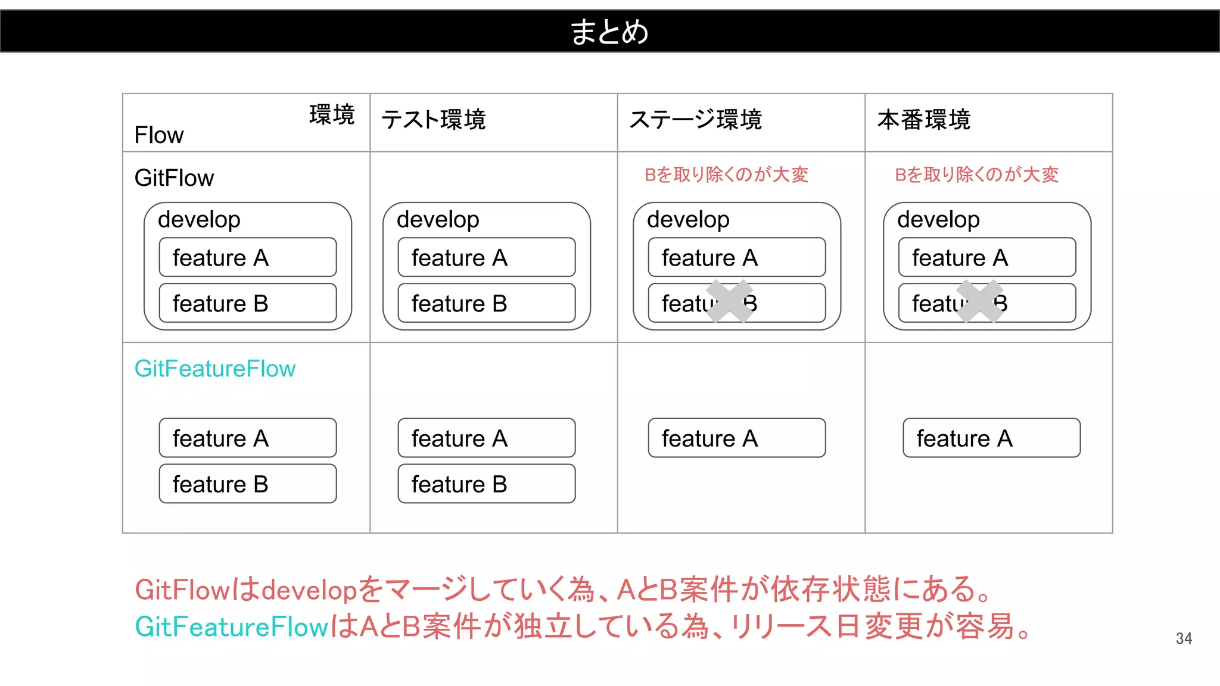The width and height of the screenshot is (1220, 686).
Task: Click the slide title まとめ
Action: (x=609, y=32)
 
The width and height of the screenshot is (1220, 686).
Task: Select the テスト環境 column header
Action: (x=434, y=120)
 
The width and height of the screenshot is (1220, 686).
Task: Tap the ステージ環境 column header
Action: (x=695, y=120)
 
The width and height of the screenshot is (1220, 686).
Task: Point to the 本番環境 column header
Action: (x=923, y=120)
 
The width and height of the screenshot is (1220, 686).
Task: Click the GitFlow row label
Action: (x=174, y=178)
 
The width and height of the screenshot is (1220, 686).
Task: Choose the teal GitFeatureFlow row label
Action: (x=214, y=369)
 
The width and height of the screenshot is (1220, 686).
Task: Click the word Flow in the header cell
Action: (x=158, y=135)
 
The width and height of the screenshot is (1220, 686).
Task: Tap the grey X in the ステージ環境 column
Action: (x=729, y=301)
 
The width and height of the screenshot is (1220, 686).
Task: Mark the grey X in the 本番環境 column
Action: (x=979, y=301)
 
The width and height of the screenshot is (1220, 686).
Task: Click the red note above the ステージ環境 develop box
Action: (x=726, y=174)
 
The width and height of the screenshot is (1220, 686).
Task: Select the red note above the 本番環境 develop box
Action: (x=976, y=174)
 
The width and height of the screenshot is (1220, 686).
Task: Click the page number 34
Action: (x=1184, y=639)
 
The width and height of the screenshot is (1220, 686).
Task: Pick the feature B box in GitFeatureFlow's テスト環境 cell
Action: (x=486, y=484)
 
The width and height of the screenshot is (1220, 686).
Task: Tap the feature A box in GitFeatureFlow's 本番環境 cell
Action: (x=991, y=438)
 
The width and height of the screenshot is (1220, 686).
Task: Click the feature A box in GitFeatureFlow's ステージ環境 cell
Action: (x=736, y=438)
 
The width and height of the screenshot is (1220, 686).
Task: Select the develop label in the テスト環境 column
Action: (x=438, y=220)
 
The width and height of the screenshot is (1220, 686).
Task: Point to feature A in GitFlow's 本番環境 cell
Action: (x=986, y=258)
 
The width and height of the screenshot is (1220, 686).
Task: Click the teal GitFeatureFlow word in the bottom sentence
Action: (x=232, y=626)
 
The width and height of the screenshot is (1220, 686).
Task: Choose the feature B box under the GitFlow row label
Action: (x=247, y=304)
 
